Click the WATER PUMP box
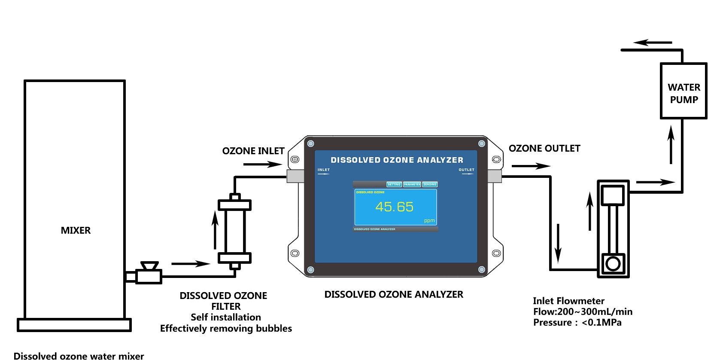coord(683,91)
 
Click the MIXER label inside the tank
coord(76,230)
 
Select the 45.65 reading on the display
coord(394,207)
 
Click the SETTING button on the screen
coord(394,184)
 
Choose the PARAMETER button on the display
coord(412,184)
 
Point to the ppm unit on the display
coord(429,221)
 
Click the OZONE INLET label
coord(253,151)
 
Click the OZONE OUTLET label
coord(544,149)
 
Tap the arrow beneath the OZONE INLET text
coord(262,164)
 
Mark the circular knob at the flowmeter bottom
coord(613,263)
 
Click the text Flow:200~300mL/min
coord(583,312)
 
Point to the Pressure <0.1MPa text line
coord(577,323)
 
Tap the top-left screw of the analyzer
coord(311,143)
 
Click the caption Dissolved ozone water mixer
coord(79,355)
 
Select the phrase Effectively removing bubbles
coord(226,329)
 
